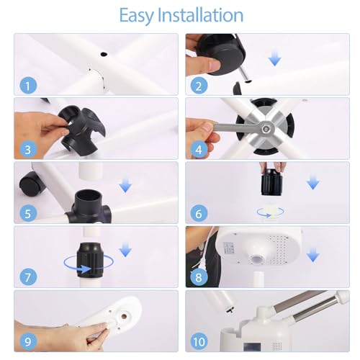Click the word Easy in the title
click(x=136, y=16)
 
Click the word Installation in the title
click(x=200, y=15)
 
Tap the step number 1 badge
click(x=28, y=86)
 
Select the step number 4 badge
click(x=199, y=150)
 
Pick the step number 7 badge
click(x=28, y=277)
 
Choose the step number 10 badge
click(x=199, y=341)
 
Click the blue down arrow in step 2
click(x=275, y=60)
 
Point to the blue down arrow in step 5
click(x=125, y=186)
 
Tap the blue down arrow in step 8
click(x=313, y=256)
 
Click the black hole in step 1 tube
click(x=104, y=54)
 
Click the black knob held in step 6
click(x=271, y=182)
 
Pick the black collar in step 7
click(x=90, y=261)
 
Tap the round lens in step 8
click(x=256, y=259)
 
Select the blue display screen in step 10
click(x=252, y=347)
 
